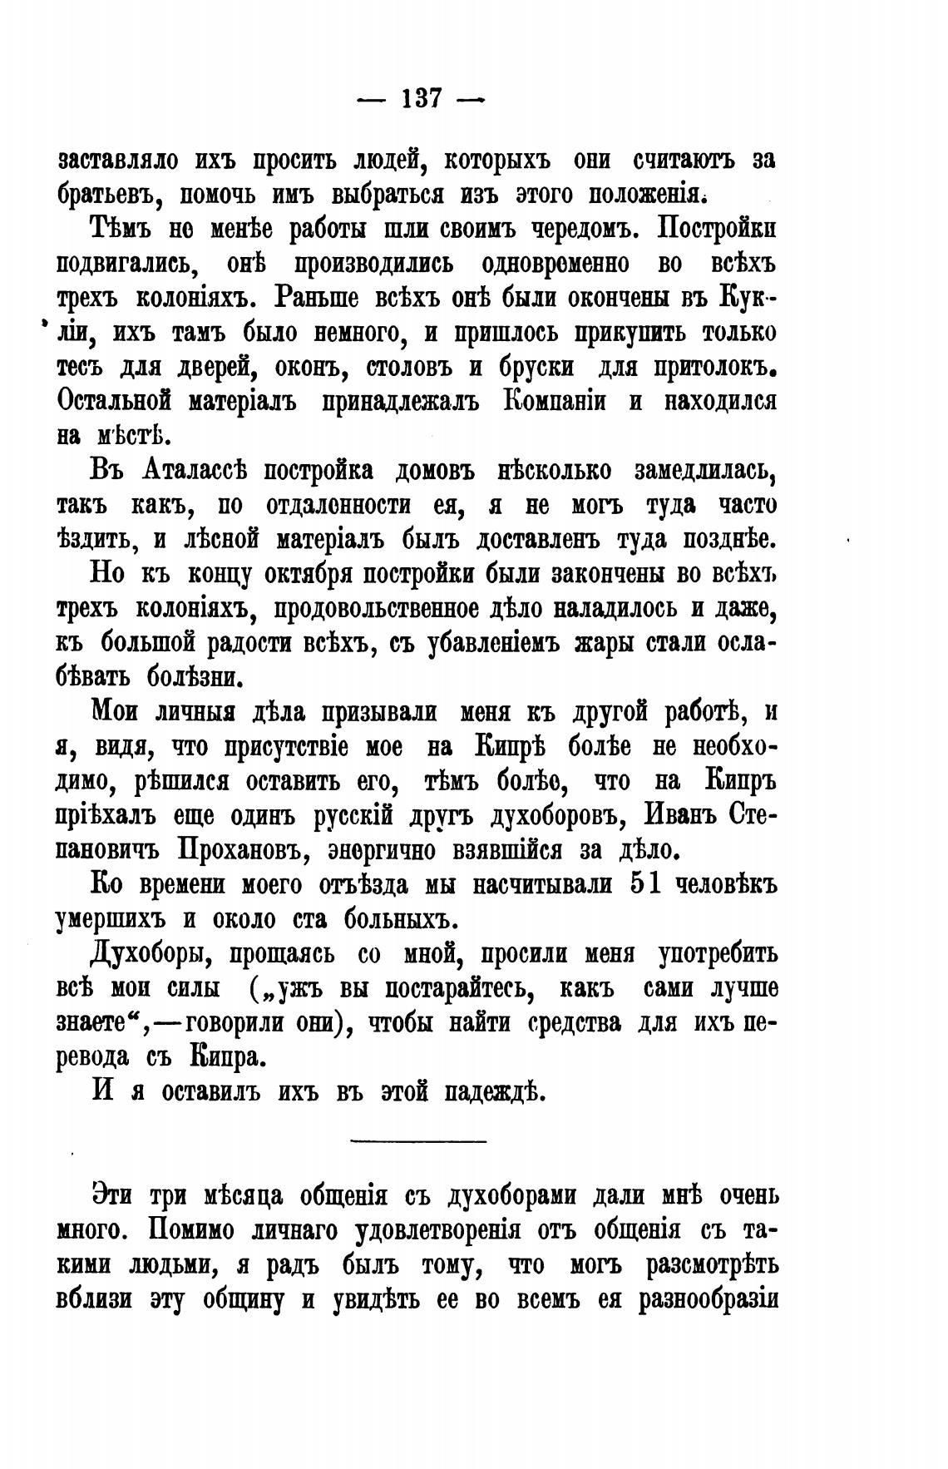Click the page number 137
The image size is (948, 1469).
coord(420,99)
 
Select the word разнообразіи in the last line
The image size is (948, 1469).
coord(706,1299)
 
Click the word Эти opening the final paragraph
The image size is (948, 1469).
coord(114,1195)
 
